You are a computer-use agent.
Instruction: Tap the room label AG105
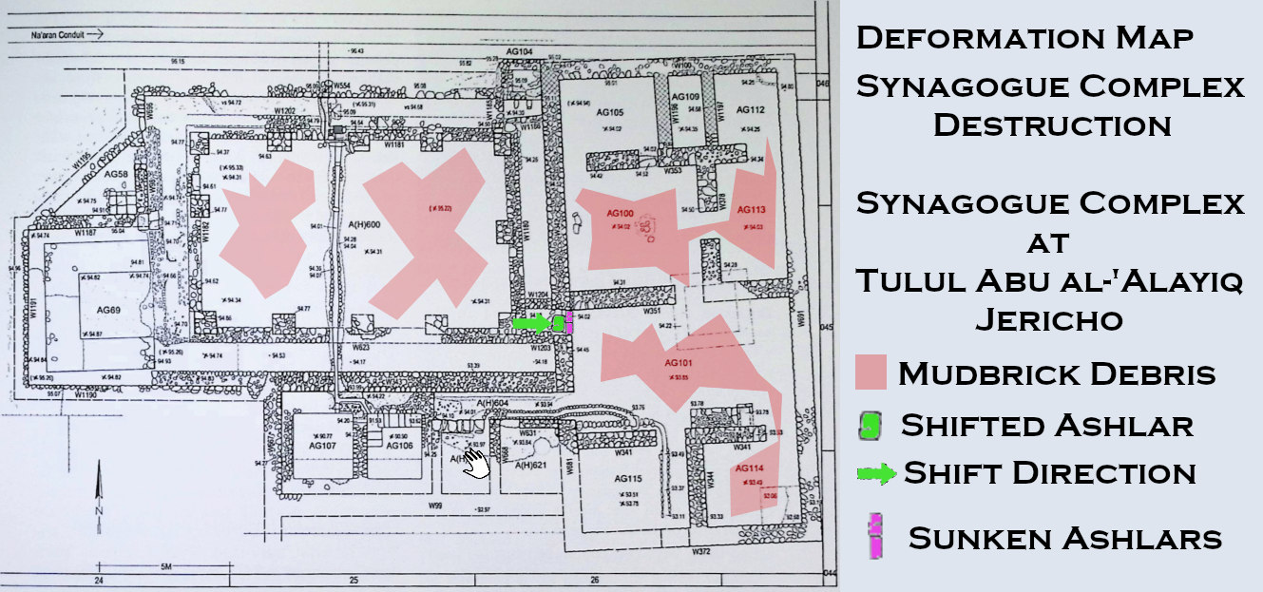click(609, 112)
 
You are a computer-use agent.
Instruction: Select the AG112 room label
click(750, 109)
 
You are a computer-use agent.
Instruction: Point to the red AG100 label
click(620, 213)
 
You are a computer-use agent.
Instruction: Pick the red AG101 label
click(679, 363)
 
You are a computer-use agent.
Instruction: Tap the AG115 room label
click(628, 478)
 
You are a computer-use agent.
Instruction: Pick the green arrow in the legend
click(875, 474)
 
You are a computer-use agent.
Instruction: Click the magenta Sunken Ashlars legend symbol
click(874, 536)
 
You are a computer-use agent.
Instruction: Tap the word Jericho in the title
click(1049, 318)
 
